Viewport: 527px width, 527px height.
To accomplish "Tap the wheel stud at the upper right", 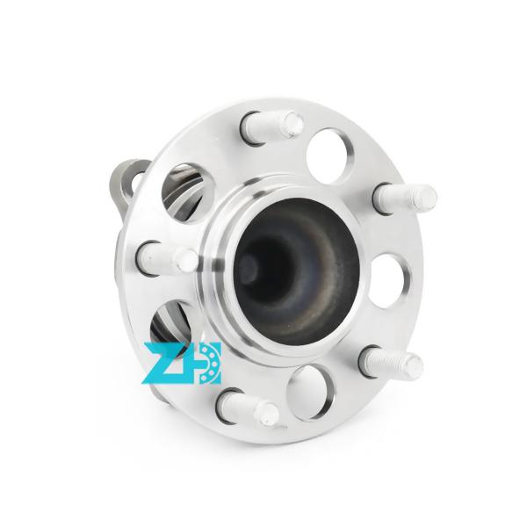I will (403, 197).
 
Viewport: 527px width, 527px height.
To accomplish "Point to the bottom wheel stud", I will (249, 408).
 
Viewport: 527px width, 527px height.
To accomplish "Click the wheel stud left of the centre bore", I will (166, 256).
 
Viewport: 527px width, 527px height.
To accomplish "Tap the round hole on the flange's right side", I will (389, 280).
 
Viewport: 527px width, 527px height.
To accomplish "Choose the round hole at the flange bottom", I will (309, 392).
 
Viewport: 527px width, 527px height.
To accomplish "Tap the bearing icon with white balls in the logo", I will (207, 362).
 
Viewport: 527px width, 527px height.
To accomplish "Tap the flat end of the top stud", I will (292, 124).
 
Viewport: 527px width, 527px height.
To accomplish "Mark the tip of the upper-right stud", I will (427, 197).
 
